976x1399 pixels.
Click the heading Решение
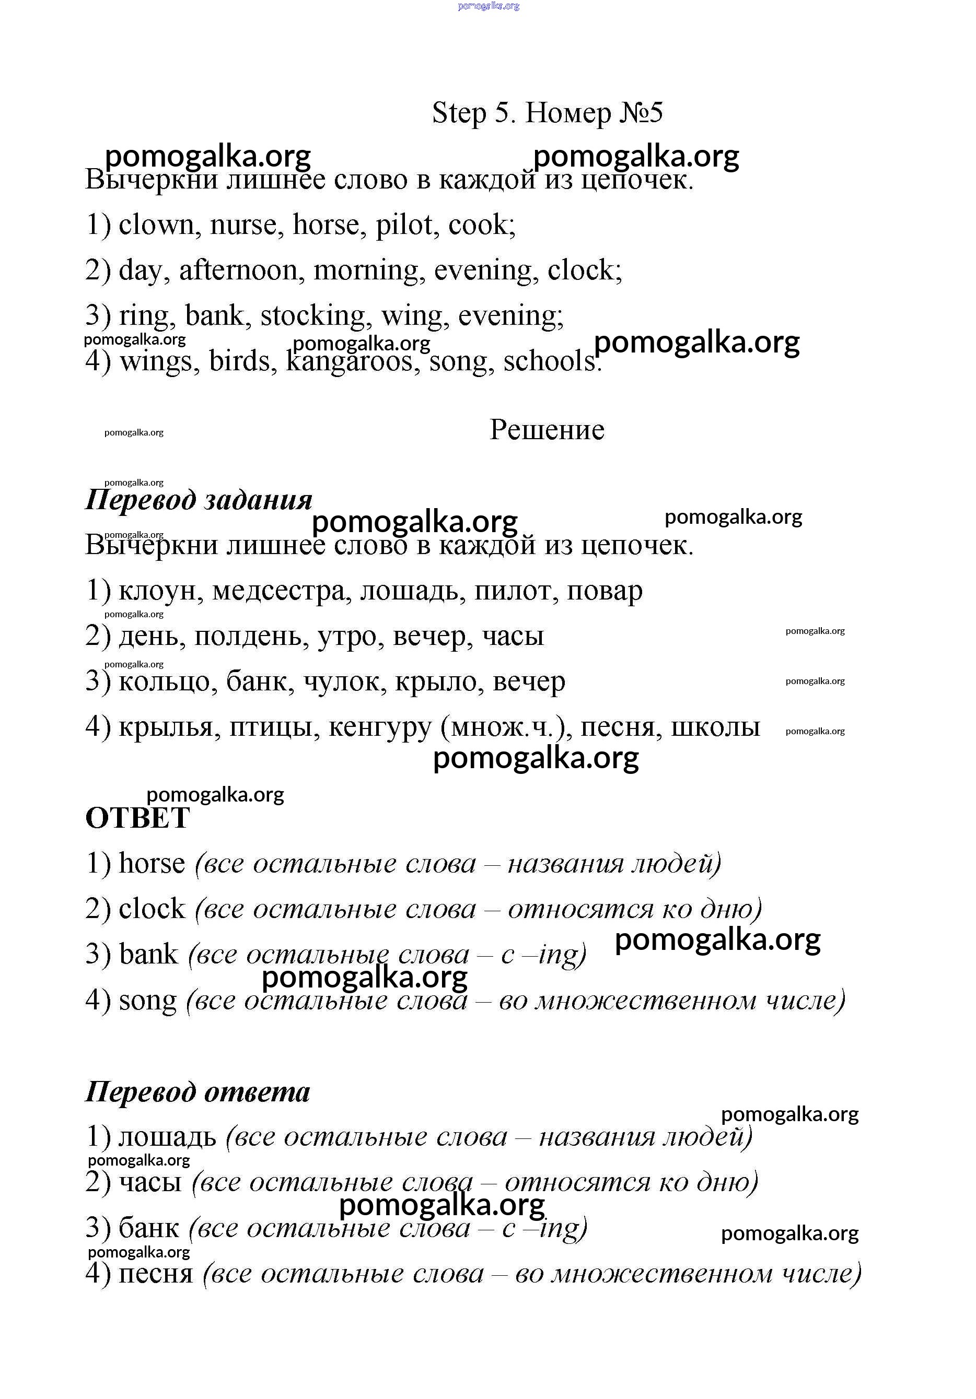547,430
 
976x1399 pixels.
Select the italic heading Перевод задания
199,500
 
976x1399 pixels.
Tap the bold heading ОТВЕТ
138,818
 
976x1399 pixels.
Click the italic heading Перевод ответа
197,1091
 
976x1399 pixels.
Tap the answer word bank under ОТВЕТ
148,954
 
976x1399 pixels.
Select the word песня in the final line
156,1274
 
